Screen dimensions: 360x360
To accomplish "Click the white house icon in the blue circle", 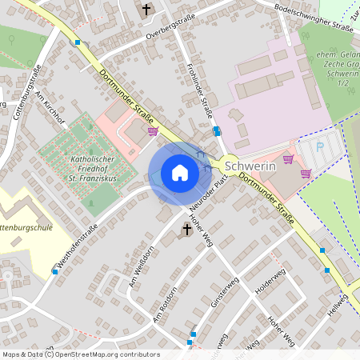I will [179, 173].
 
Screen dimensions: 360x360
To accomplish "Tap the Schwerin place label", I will [250, 166].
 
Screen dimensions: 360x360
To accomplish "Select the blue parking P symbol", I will [321, 147].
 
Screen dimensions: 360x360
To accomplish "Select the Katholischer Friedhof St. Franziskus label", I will [94, 168].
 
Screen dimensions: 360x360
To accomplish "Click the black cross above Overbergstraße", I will [146, 10].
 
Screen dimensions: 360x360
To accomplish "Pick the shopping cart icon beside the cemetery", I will [153, 131].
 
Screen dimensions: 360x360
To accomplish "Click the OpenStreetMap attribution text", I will [80, 354].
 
